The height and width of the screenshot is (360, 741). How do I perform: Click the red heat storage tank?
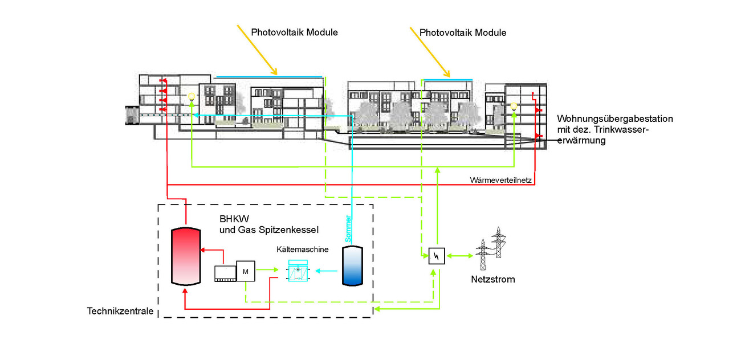click(186, 255)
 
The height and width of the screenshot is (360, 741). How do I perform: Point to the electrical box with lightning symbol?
click(436, 257)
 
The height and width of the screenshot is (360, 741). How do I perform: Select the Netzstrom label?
click(492, 280)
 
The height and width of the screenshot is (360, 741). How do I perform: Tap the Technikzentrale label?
click(120, 311)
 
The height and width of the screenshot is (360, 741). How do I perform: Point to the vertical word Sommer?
click(349, 229)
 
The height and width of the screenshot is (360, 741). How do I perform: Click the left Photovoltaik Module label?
click(294, 32)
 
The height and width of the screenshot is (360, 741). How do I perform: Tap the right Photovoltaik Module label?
click(463, 32)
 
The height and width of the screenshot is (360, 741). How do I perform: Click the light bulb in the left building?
click(192, 96)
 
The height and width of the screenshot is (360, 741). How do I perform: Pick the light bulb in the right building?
click(514, 105)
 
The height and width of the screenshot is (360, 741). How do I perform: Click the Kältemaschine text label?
click(302, 249)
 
